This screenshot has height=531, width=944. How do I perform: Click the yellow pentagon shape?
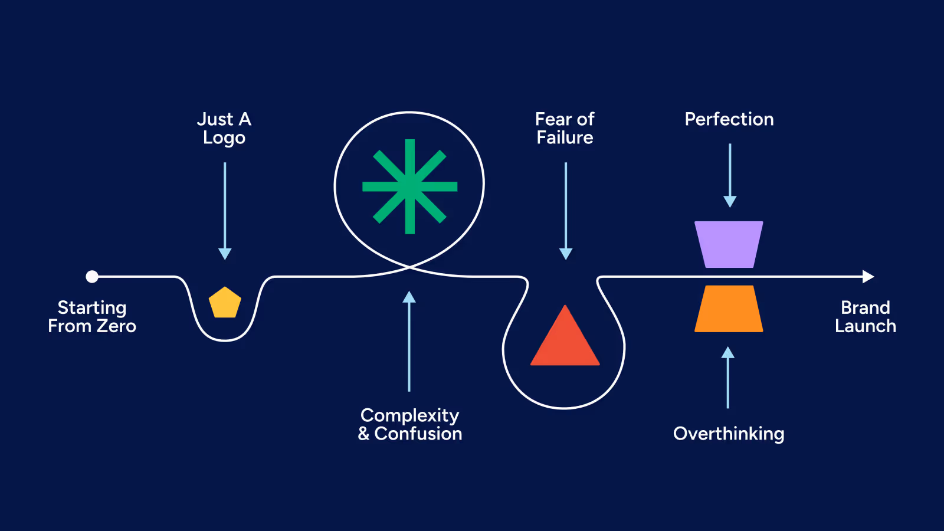click(225, 303)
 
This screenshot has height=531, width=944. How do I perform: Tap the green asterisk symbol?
click(409, 186)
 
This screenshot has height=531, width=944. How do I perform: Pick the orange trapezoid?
click(729, 309)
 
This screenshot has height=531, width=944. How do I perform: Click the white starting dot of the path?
click(92, 276)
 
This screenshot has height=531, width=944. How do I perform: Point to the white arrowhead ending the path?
click(868, 276)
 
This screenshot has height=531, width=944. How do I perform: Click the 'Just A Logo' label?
click(224, 128)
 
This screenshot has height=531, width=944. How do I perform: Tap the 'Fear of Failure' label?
click(565, 128)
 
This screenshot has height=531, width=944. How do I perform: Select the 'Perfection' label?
click(729, 119)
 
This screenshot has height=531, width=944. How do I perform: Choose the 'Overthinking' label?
click(729, 434)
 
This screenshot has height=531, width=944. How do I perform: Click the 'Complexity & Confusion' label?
click(410, 424)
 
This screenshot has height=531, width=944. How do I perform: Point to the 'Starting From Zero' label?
click(92, 317)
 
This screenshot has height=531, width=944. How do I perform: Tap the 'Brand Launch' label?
click(866, 317)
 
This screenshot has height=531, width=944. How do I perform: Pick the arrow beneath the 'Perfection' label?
click(730, 175)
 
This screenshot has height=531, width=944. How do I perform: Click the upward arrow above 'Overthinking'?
click(728, 378)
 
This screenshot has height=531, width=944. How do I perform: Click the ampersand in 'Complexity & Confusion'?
click(364, 434)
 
